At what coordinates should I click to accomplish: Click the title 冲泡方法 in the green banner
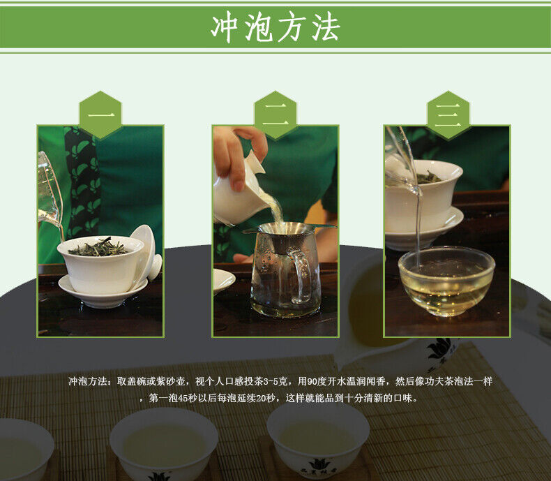(275, 27)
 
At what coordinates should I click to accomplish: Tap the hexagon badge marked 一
(100, 114)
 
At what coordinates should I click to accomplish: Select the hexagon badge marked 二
(275, 114)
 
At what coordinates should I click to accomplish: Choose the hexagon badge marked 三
(448, 114)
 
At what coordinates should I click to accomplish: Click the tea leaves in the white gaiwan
(98, 248)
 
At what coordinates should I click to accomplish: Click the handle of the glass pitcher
(301, 276)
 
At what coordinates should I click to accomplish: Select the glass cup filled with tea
(446, 281)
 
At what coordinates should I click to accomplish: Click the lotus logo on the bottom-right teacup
(319, 464)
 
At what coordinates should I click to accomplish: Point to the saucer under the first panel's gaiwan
(102, 293)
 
